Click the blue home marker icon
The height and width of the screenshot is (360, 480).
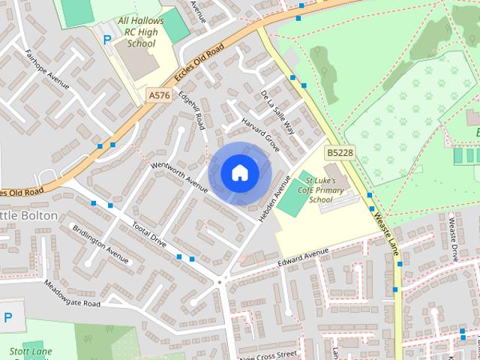(239, 173)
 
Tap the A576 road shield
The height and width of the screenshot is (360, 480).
(158, 95)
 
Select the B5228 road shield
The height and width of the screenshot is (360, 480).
(338, 152)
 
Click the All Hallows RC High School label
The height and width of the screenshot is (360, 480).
(141, 33)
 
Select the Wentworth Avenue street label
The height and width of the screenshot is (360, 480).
(179, 175)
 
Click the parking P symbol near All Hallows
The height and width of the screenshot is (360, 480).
(106, 39)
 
